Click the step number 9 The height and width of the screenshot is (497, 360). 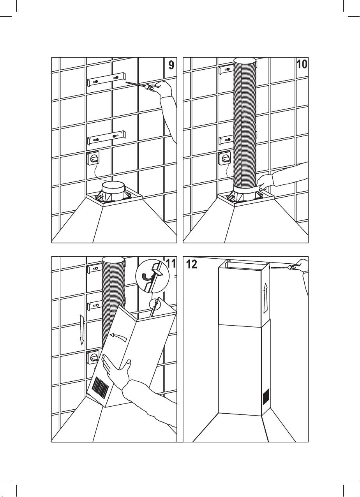pyautogui.click(x=171, y=65)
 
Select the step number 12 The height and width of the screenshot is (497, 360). pyautogui.click(x=191, y=264)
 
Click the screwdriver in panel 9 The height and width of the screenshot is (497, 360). pyautogui.click(x=138, y=85)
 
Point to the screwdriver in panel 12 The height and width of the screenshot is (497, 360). pyautogui.click(x=283, y=267)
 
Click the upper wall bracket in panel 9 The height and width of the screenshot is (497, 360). pyautogui.click(x=106, y=79)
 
